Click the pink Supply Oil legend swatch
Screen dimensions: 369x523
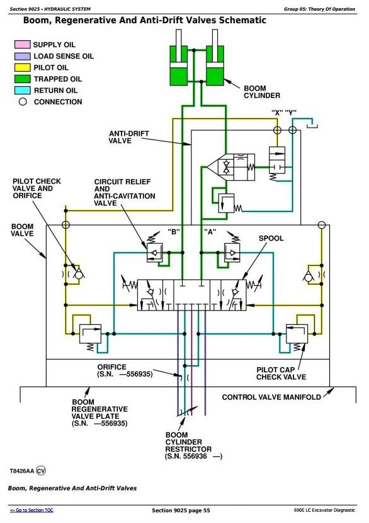23,45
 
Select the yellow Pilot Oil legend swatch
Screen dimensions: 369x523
23,67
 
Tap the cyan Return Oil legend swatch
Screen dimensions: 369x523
23,91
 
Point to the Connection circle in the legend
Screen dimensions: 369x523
23,102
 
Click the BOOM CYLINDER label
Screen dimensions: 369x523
262,92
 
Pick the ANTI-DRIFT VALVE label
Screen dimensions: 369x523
128,137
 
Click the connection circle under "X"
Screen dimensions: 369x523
277,129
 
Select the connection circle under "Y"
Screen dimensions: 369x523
292,129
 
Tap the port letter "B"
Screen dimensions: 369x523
173,232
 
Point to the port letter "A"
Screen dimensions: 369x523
210,232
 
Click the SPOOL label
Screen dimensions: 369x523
271,238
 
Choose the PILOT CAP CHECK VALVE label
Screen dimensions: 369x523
281,373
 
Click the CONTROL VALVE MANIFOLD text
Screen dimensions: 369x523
271,397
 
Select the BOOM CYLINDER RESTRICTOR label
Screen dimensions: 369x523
188,446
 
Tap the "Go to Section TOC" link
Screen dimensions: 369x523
31,510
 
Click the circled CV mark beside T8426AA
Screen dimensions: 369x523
41,471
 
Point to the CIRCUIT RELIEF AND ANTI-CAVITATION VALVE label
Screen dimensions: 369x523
124,192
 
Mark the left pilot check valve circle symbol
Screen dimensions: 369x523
79,275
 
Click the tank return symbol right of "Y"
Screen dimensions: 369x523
312,126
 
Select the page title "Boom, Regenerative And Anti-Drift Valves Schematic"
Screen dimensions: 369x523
144,20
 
